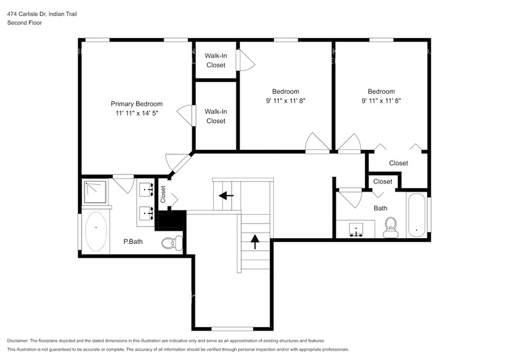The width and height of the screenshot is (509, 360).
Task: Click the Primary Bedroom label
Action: (136, 103)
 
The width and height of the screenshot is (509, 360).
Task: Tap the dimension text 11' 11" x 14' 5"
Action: (136, 113)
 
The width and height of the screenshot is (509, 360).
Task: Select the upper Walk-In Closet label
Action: (216, 60)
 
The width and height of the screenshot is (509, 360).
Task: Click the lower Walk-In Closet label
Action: (216, 116)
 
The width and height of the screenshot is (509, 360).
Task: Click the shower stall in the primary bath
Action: (96, 192)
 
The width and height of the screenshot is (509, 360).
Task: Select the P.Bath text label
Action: (133, 241)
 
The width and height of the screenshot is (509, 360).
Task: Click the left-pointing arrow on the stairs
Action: (226, 196)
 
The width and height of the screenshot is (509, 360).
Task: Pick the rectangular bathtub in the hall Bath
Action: (416, 215)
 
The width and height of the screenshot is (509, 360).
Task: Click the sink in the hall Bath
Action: (355, 230)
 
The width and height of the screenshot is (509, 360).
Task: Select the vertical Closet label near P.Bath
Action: (164, 194)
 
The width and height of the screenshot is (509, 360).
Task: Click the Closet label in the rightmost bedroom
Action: (398, 163)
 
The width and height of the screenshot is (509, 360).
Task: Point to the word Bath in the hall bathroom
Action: (380, 208)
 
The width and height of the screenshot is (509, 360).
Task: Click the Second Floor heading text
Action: (23, 23)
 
